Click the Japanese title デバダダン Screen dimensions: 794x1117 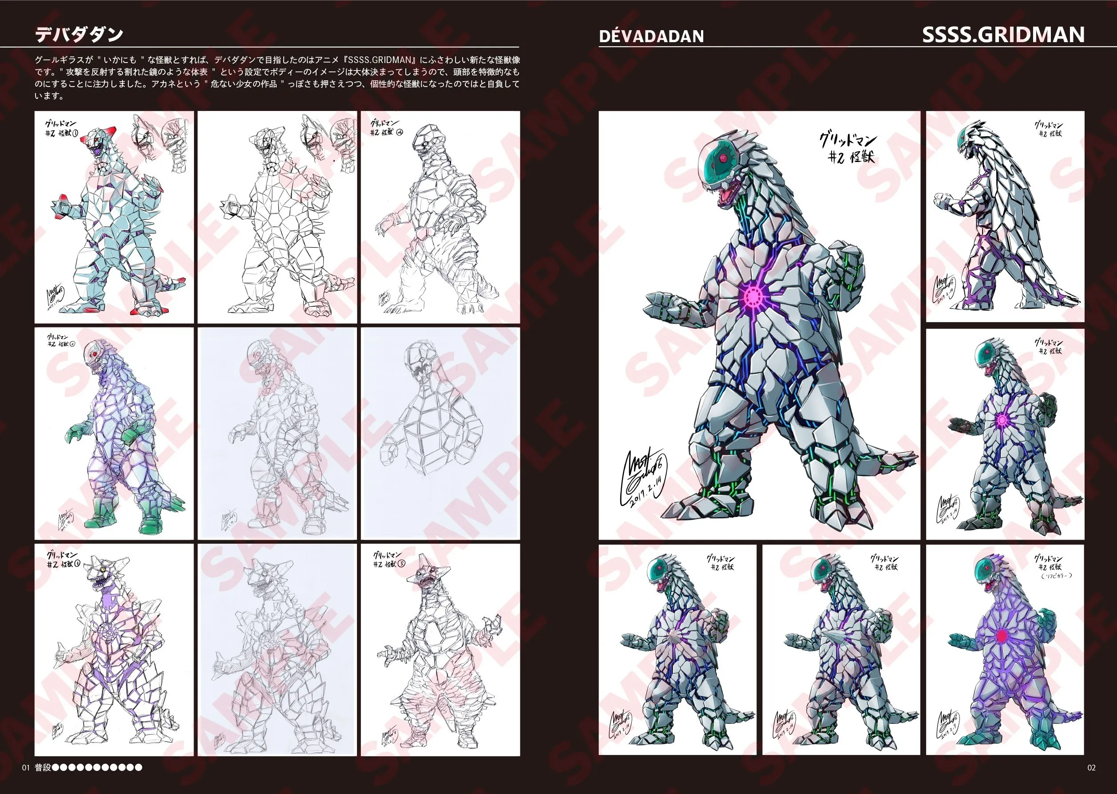tap(79, 34)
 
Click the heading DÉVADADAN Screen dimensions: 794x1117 tap(651, 36)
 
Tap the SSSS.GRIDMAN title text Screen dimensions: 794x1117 tap(1003, 34)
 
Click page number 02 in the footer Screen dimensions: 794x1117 tap(1091, 768)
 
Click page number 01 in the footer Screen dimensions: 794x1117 tap(26, 768)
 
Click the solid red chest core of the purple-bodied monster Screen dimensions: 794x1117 tap(1002, 635)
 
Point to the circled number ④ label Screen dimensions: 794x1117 tap(400, 132)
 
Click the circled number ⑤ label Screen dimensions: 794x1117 tap(401, 563)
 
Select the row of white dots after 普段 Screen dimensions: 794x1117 tap(97, 768)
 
